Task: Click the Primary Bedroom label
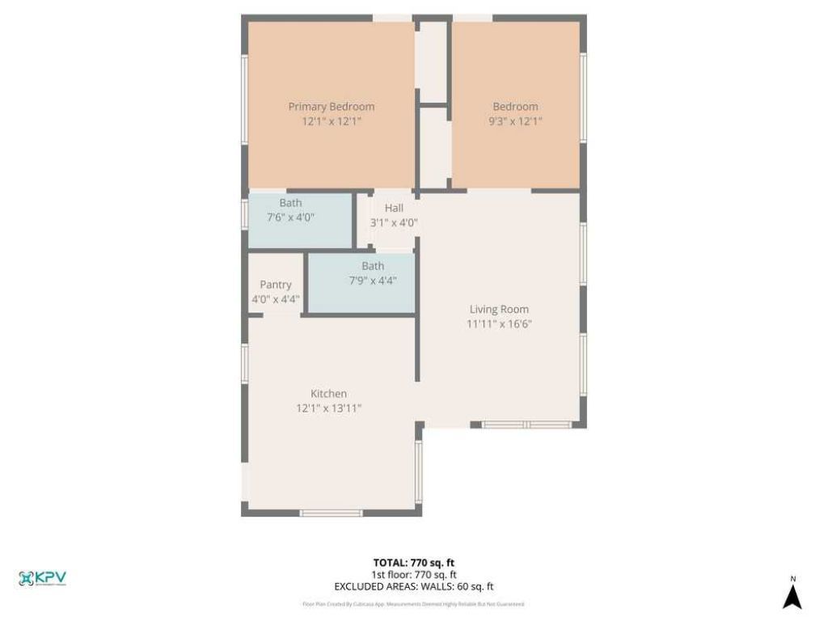click(332, 107)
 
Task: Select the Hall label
click(394, 208)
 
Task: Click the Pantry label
click(276, 285)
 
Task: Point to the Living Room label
click(499, 309)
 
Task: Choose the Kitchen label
click(328, 394)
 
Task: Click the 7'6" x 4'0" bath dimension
click(290, 218)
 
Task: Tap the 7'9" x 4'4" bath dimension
click(373, 281)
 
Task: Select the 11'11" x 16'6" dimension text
click(499, 324)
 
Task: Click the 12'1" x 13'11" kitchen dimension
click(328, 408)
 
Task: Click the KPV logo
click(42, 578)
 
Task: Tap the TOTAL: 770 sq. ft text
click(413, 562)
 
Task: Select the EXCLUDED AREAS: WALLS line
click(413, 587)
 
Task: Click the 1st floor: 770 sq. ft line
click(413, 575)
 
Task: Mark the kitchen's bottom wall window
click(331, 512)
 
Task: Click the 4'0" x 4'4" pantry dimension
click(276, 299)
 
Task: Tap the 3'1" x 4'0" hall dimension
click(394, 222)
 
